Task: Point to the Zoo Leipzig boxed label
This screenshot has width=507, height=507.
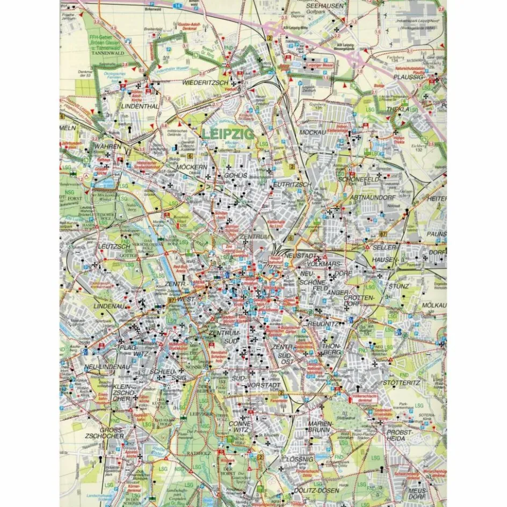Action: (230, 250)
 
